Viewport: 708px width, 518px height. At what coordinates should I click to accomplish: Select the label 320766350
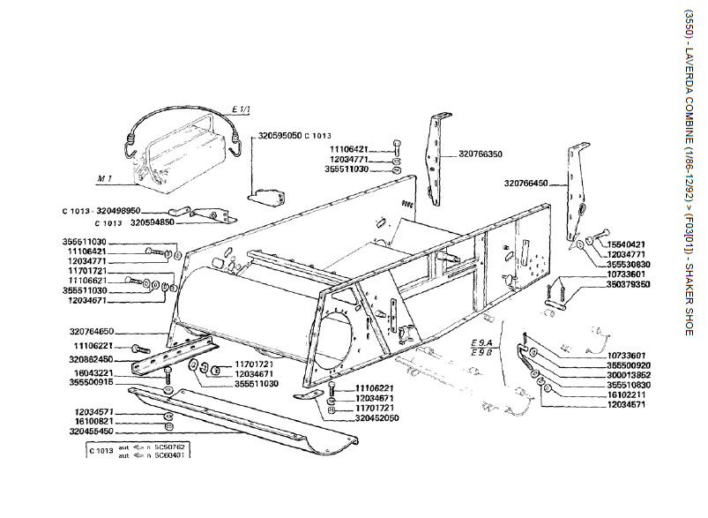pyautogui.click(x=481, y=154)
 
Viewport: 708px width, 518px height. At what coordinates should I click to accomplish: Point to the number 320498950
pyautogui.click(x=118, y=211)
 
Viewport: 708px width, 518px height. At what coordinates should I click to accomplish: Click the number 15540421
pyautogui.click(x=628, y=244)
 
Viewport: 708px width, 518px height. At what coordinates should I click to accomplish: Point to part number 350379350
pyautogui.click(x=628, y=285)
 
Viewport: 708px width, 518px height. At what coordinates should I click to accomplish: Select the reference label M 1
pyautogui.click(x=106, y=179)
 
